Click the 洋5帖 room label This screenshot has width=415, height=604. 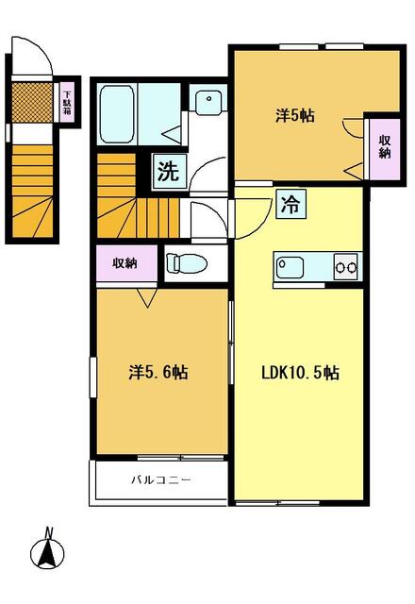click(295, 115)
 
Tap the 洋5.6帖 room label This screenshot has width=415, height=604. click(158, 373)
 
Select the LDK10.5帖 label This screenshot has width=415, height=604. click(300, 373)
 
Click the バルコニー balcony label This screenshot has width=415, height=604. click(161, 480)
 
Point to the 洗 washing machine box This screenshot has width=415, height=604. click(169, 171)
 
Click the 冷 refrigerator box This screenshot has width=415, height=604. click(290, 204)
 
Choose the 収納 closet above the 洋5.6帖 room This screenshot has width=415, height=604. click(126, 263)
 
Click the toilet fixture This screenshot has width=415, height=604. click(187, 263)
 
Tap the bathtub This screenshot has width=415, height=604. click(117, 114)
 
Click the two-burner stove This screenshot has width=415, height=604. click(347, 266)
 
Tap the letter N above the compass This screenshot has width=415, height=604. click(48, 532)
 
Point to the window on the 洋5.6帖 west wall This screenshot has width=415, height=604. click(93, 377)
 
